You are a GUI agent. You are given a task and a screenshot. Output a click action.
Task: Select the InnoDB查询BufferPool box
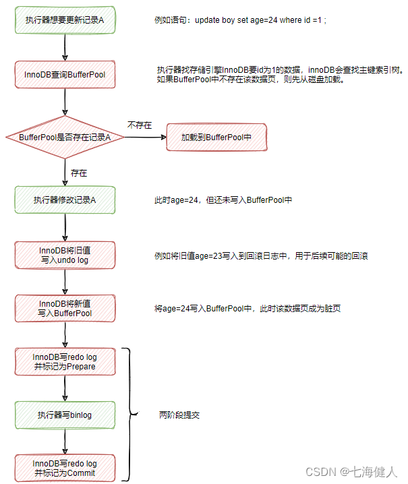click(x=65, y=74)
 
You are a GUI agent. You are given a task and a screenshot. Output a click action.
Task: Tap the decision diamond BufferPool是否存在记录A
click(x=65, y=138)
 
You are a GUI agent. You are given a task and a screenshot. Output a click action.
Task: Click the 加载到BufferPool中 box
click(x=216, y=137)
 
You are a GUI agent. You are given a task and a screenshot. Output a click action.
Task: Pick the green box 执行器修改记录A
click(x=65, y=200)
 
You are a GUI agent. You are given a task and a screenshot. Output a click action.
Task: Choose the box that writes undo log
click(x=65, y=255)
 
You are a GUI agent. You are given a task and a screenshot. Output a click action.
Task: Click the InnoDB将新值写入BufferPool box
click(x=65, y=308)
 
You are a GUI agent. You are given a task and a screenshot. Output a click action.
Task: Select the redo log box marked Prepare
click(x=65, y=361)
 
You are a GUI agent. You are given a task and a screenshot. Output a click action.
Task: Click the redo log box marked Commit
click(x=65, y=468)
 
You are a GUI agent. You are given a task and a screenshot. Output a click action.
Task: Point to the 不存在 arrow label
click(x=139, y=125)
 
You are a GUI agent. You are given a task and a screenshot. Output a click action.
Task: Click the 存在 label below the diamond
click(x=78, y=173)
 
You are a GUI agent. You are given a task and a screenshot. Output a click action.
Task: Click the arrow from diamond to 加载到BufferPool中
click(x=144, y=138)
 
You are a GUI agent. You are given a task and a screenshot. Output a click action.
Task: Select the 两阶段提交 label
click(x=179, y=415)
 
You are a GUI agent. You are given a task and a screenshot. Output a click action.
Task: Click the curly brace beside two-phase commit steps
click(x=129, y=415)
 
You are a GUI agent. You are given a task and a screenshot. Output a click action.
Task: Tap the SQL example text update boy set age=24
click(x=241, y=21)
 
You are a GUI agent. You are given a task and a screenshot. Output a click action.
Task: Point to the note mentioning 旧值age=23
click(x=261, y=256)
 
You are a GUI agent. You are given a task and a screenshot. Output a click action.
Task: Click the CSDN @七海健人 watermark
click(x=351, y=471)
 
